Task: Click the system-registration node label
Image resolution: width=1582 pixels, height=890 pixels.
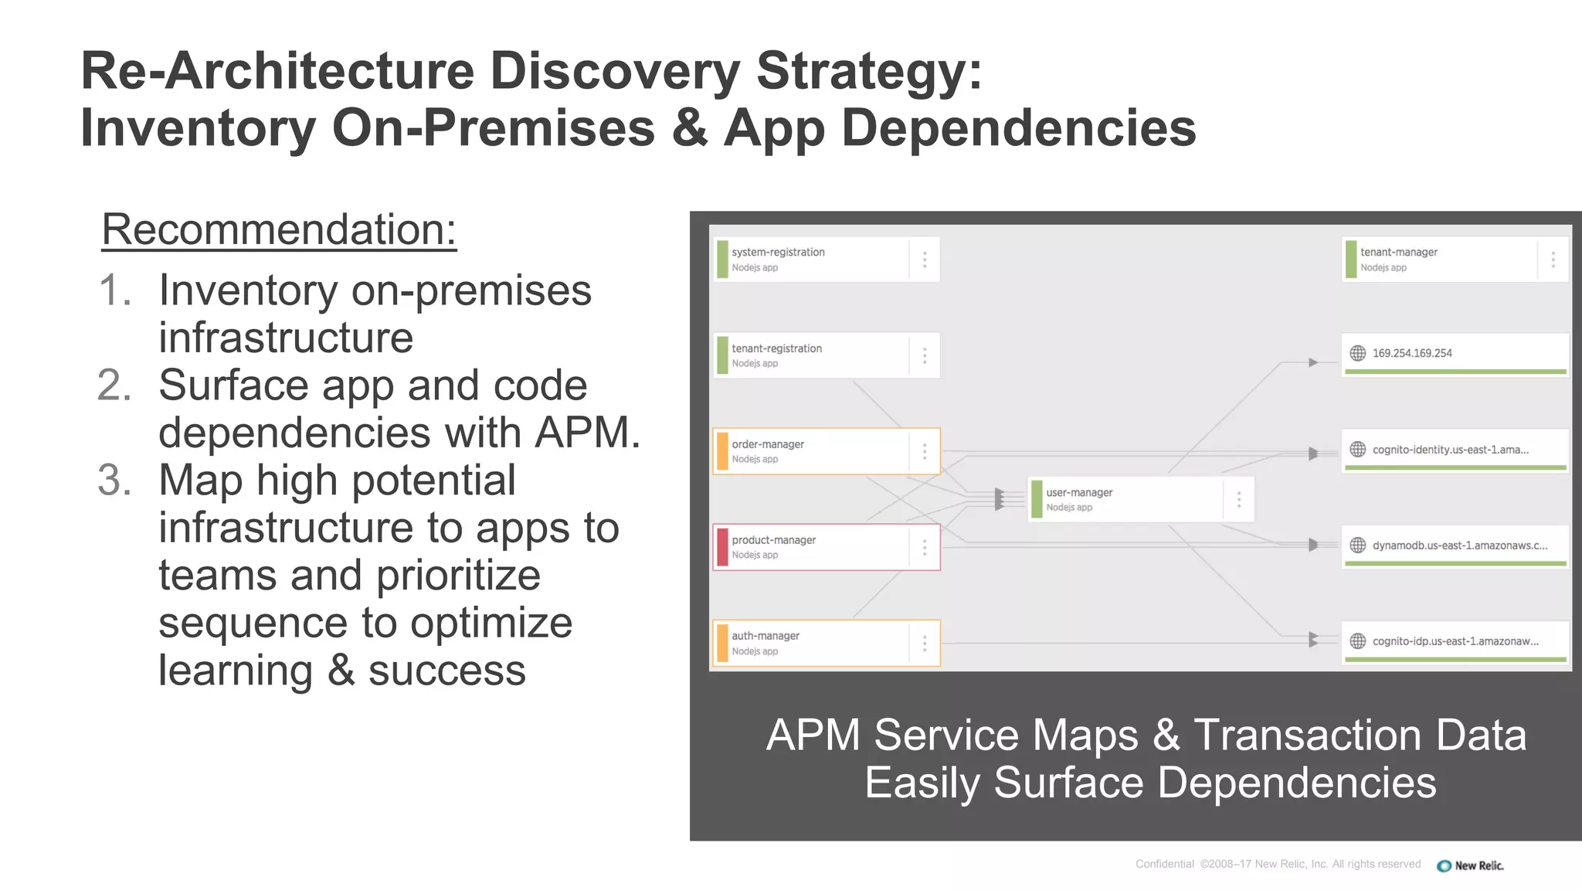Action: coord(778,252)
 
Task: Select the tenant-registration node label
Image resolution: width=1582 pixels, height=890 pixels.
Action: coord(776,348)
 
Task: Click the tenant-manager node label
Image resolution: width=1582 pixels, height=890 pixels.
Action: coord(1398,252)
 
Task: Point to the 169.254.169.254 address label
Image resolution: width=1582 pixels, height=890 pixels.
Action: coord(1412,353)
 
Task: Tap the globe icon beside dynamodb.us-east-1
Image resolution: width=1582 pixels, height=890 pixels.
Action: coord(1357,545)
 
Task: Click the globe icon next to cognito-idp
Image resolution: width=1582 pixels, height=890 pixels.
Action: coord(1357,641)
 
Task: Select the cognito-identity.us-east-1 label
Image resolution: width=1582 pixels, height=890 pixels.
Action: coord(1450,450)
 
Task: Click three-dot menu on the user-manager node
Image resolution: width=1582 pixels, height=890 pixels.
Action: coord(1239,500)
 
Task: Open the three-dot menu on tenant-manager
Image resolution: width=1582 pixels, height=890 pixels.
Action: coord(1553,260)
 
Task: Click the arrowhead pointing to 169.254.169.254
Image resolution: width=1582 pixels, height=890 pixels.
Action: coord(1312,362)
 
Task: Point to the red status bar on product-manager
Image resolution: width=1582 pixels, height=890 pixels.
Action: coord(722,547)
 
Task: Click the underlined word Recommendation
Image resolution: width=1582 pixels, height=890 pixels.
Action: coord(279,229)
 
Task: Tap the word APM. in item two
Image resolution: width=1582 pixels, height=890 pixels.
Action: coord(588,433)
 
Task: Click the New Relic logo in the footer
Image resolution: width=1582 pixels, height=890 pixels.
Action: coord(1470,865)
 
